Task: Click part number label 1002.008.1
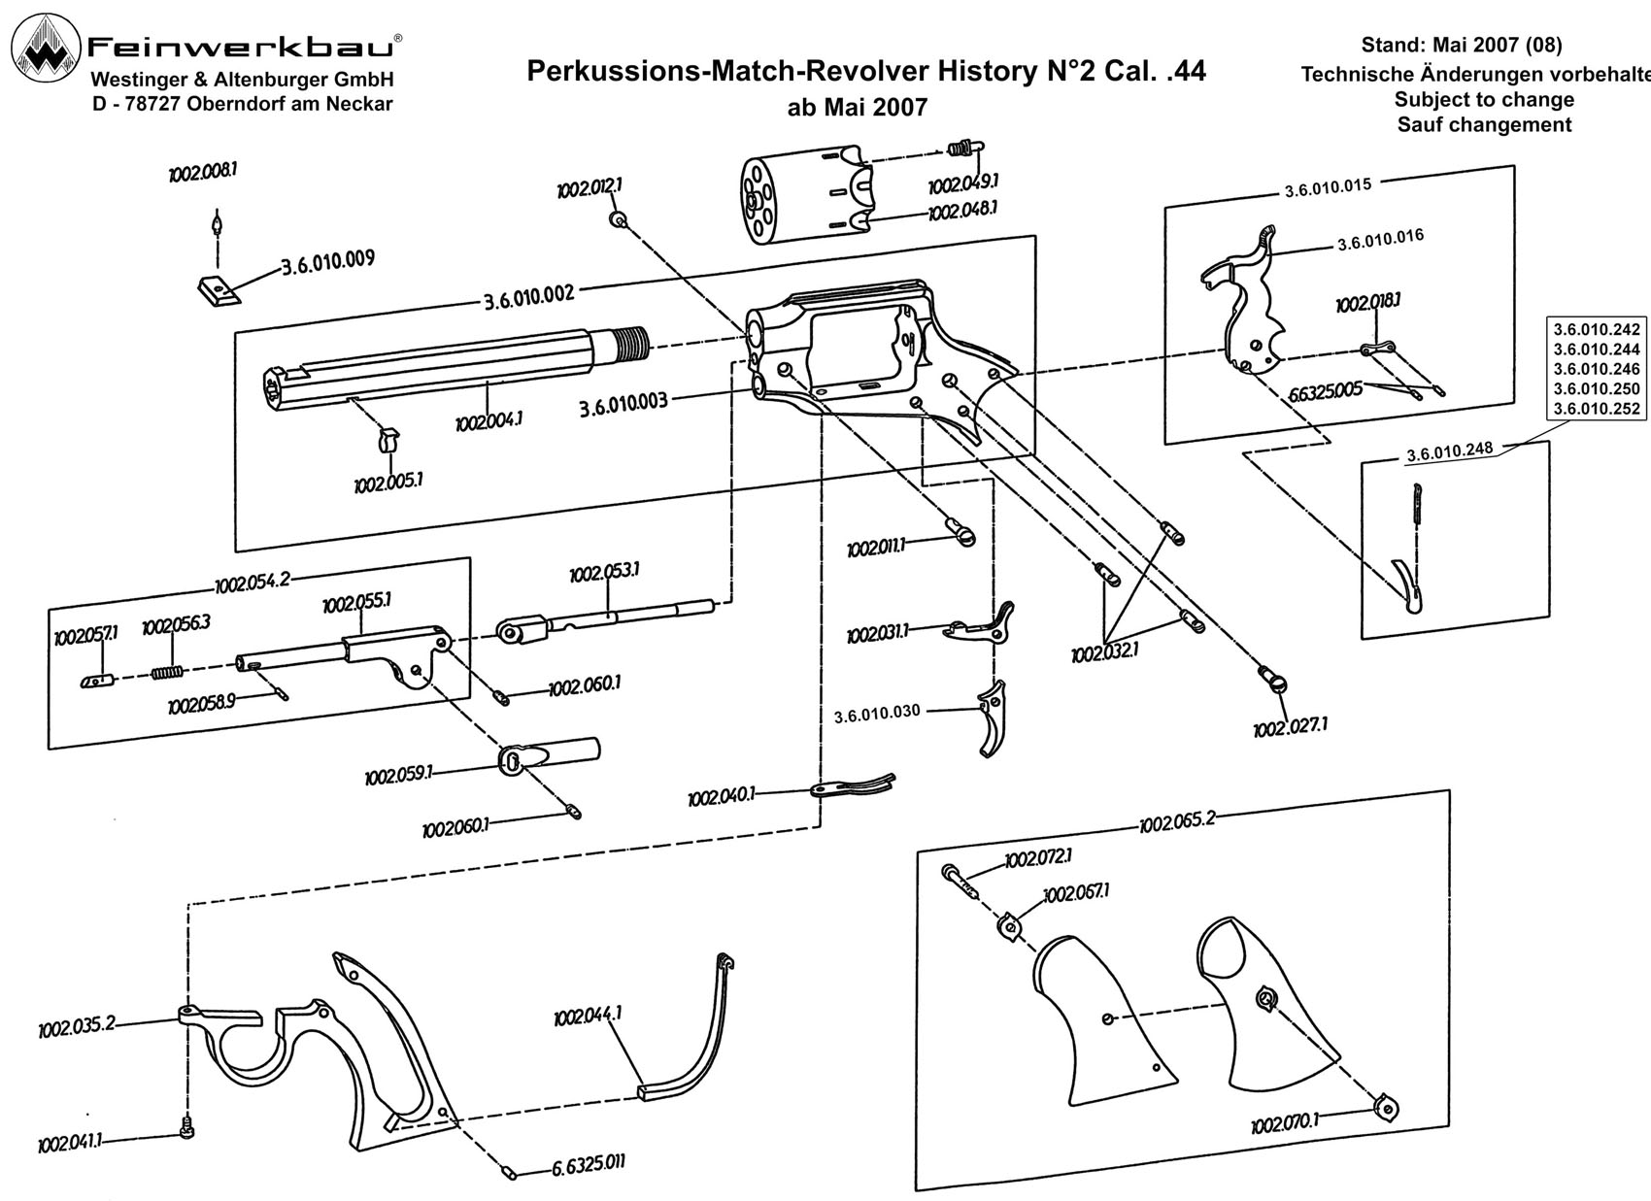[203, 173]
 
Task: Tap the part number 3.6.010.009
[327, 263]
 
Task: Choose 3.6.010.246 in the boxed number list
[1596, 369]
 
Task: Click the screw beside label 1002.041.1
[186, 1126]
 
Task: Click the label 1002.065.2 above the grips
[1176, 822]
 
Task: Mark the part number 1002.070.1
[1284, 1124]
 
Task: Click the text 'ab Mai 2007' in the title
[857, 108]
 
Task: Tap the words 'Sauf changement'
[1484, 125]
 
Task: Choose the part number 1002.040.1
[721, 798]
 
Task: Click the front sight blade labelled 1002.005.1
[387, 441]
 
